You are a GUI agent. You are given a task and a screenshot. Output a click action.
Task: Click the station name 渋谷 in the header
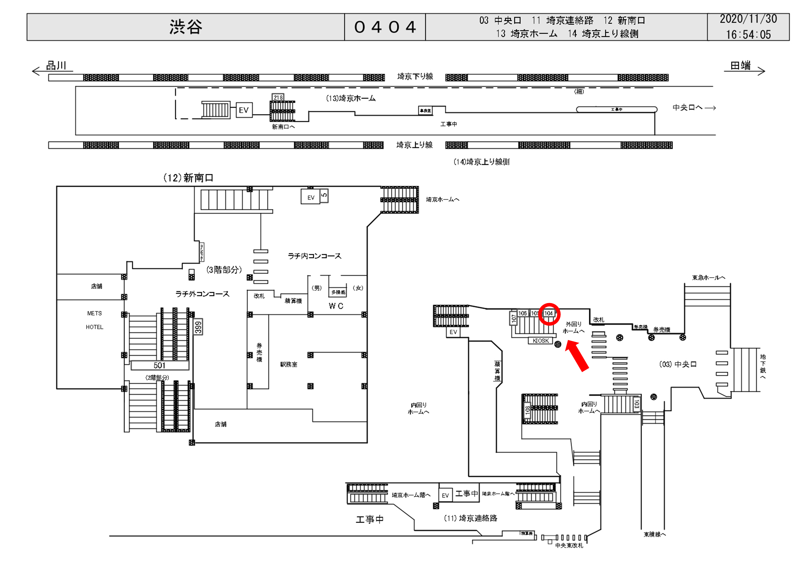tap(186, 27)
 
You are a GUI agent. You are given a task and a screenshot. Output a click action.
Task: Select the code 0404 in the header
tap(385, 27)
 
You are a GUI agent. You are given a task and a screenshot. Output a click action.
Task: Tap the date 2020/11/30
tap(748, 19)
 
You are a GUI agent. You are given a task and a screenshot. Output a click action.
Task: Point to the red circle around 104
tap(549, 314)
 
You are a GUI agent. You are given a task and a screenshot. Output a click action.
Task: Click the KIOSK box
tap(540, 341)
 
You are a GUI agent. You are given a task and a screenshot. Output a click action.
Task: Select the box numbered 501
tap(160, 366)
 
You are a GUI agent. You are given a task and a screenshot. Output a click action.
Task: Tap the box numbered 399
tap(198, 327)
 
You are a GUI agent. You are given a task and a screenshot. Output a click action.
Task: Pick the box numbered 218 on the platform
tap(278, 98)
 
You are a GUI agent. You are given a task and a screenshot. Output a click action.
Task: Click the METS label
tap(94, 313)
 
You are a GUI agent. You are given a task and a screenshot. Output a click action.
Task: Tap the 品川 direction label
tap(56, 66)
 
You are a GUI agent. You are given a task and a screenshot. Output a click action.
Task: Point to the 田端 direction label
tap(740, 66)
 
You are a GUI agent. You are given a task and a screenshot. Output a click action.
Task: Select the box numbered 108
tap(527, 410)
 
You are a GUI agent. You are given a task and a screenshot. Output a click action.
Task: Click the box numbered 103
tap(637, 404)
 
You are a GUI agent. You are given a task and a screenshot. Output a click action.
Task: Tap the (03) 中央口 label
tap(678, 364)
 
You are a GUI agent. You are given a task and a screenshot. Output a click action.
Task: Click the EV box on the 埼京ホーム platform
tap(244, 110)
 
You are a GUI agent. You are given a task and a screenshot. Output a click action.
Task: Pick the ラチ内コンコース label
tap(314, 256)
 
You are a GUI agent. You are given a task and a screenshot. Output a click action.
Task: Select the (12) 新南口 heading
tap(188, 178)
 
